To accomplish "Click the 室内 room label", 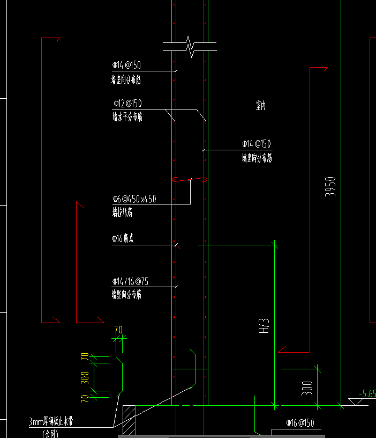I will click(x=260, y=106).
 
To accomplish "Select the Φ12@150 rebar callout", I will click(x=127, y=103).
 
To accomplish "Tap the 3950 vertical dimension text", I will click(x=331, y=186).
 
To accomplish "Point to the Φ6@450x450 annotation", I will click(x=134, y=199).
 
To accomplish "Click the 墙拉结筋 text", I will click(x=122, y=213).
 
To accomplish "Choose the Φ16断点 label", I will click(x=123, y=238).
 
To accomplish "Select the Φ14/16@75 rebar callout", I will click(x=130, y=281).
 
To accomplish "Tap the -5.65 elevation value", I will click(x=367, y=393).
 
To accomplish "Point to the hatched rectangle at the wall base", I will click(x=129, y=420).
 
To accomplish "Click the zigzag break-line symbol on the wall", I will click(x=190, y=47).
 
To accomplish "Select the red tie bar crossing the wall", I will click(x=190, y=180).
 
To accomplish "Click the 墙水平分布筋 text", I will click(x=127, y=117).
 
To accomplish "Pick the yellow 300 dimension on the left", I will click(x=85, y=378).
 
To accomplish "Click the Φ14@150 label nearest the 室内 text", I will click(x=257, y=144).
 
